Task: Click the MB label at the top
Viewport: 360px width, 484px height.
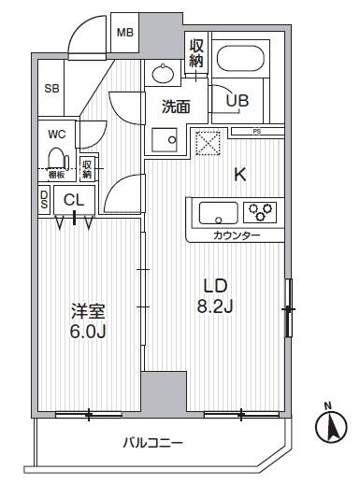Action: (x=124, y=32)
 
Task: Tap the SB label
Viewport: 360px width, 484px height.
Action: (x=52, y=89)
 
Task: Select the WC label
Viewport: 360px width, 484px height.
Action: (x=57, y=133)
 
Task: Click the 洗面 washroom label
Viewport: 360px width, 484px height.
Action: (x=176, y=107)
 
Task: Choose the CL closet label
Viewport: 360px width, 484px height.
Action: (x=74, y=198)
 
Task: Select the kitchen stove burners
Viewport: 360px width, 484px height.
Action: (x=263, y=210)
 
